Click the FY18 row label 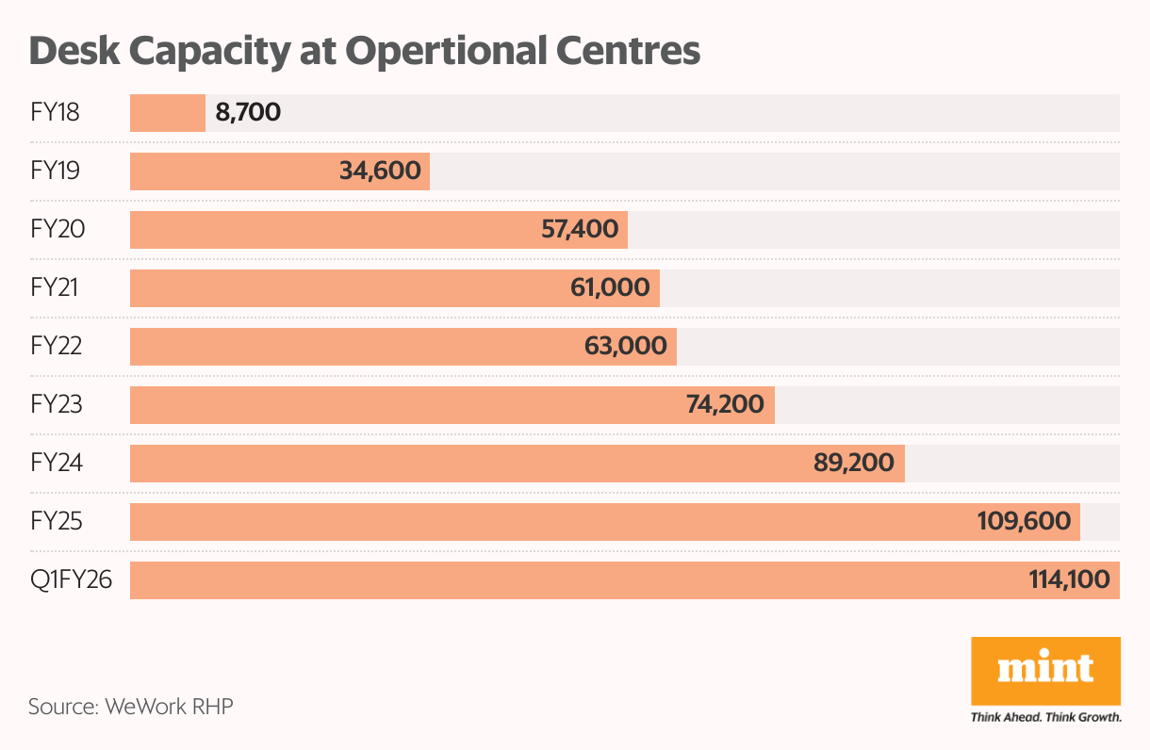pyautogui.click(x=55, y=113)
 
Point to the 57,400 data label pyautogui.click(x=580, y=230)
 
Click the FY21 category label pyautogui.click(x=56, y=288)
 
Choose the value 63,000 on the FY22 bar pyautogui.click(x=625, y=347)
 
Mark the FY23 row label pyautogui.click(x=56, y=405)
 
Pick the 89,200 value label pyautogui.click(x=854, y=464)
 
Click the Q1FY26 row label pyautogui.click(x=71, y=580)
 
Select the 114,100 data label pyautogui.click(x=1068, y=580)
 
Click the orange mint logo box pyautogui.click(x=1045, y=670)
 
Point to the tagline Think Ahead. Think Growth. pyautogui.click(x=1045, y=718)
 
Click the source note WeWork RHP pyautogui.click(x=130, y=706)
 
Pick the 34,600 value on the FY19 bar pyautogui.click(x=380, y=171)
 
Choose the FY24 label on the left pyautogui.click(x=56, y=464)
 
